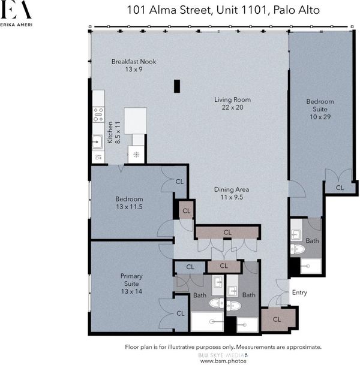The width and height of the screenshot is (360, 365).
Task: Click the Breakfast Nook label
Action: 134,65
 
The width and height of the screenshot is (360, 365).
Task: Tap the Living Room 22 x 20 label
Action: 233,104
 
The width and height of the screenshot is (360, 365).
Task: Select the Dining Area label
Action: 232,193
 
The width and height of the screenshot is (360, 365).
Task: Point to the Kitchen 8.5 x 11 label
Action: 114,132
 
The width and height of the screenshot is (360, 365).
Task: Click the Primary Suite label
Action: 131,283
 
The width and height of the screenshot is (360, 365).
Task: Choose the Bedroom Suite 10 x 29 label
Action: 320,109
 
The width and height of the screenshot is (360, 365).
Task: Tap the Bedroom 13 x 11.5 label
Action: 129,203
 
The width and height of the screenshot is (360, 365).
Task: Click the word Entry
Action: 299,292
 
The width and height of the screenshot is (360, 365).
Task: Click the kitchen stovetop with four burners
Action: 98,114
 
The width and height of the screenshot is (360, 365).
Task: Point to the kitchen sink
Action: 97,142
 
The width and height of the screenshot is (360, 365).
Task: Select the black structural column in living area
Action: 177,86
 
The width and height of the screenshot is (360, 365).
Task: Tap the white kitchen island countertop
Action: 136,121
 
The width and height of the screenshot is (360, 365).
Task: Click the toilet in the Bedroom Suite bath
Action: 298,249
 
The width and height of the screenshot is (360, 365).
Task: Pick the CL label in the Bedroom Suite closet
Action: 340,188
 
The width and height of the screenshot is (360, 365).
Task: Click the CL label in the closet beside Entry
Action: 277,319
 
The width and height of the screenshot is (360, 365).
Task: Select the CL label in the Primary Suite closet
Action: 181,313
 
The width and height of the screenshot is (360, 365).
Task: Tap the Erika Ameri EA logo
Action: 16,13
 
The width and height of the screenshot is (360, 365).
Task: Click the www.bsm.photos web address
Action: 223,361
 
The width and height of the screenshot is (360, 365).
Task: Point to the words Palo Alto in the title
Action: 296,10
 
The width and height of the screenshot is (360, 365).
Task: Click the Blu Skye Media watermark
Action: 223,355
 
